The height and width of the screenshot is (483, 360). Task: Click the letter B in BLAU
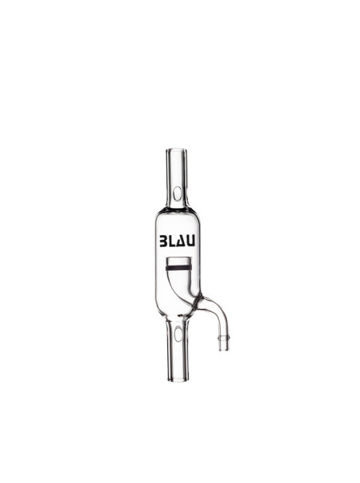tap(163, 240)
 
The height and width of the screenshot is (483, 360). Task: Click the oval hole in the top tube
tap(177, 194)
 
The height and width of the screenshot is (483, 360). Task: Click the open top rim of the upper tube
tap(177, 150)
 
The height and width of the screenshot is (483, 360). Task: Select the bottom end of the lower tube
tap(177, 379)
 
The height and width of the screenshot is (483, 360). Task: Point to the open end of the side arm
tap(224, 349)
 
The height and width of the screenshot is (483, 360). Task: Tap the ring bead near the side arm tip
tap(224, 337)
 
